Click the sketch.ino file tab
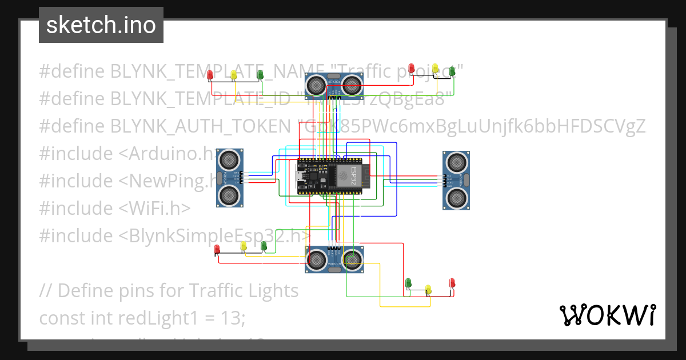pos(101,25)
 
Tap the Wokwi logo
pos(607,315)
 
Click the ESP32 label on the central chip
pos(353,175)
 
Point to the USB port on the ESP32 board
pos(300,175)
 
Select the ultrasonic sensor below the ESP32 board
pos(335,260)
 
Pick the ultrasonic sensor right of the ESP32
pos(457,179)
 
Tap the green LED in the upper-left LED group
pos(260,74)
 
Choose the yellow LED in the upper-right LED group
pos(436,69)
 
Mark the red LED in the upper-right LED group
pos(411,70)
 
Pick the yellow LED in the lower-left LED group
pos(244,246)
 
